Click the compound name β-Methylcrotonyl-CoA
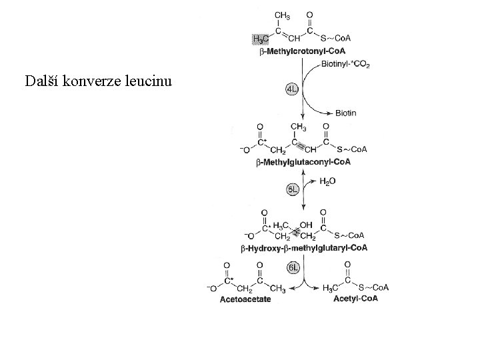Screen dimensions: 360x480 tap(302, 51)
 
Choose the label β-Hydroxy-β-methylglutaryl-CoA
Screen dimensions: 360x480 tap(304, 248)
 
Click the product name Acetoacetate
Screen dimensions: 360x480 tap(245, 299)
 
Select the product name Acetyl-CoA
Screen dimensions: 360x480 tap(355, 299)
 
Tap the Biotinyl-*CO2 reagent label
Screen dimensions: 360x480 tap(345, 64)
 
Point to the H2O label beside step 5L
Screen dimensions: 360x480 tap(328, 181)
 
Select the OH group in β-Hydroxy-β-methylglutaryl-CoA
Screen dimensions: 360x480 tap(307, 225)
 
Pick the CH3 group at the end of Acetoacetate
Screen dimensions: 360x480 tap(278, 289)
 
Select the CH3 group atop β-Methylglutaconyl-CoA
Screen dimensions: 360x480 tap(298, 126)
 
